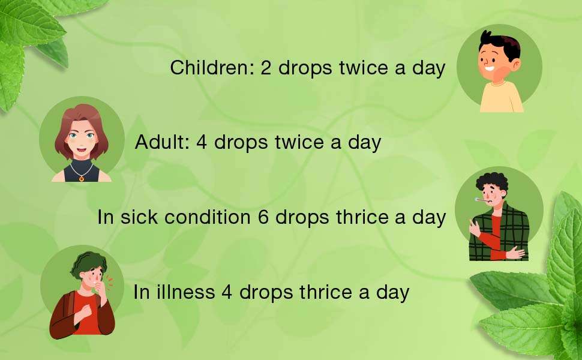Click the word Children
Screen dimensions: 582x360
point(209,68)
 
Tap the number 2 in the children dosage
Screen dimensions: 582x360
point(266,68)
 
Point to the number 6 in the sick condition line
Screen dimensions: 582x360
point(263,217)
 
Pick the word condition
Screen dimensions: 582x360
point(207,217)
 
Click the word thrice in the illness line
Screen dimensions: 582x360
point(325,292)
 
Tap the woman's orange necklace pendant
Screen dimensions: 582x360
point(82,179)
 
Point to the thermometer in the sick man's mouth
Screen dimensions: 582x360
point(482,200)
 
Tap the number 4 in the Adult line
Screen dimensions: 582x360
point(202,142)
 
